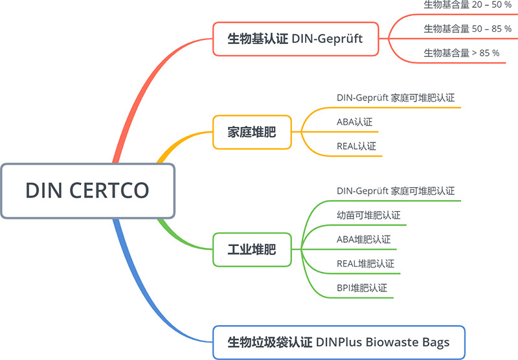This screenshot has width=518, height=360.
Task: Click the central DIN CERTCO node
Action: tap(87, 190)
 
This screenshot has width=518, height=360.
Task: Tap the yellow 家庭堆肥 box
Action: tap(252, 133)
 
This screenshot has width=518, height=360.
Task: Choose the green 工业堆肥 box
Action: tap(252, 249)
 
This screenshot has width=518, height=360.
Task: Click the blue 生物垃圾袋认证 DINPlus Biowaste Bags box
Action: tap(339, 341)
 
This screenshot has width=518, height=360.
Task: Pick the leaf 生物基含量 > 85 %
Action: tap(461, 52)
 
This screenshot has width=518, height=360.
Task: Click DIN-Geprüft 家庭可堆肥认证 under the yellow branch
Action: tap(395, 98)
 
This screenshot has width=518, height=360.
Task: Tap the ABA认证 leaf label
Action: tap(354, 122)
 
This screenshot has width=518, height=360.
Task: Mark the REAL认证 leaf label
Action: tap(356, 146)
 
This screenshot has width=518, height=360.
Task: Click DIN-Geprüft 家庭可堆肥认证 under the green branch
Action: tap(395, 191)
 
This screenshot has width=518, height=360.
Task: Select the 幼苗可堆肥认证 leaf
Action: tap(368, 215)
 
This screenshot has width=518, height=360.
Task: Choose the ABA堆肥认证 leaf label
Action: tap(363, 239)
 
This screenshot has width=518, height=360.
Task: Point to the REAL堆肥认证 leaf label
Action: tap(365, 263)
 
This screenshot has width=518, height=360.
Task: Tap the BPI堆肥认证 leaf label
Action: tap(361, 287)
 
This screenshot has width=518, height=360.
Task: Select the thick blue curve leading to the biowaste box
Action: tap(139, 278)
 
